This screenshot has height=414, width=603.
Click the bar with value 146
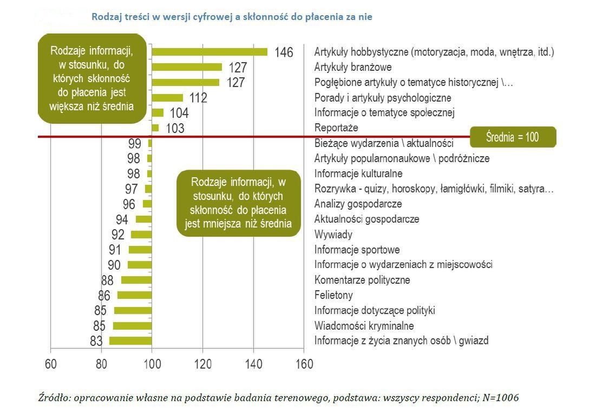tap(209, 52)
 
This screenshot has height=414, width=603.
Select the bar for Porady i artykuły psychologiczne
tap(167, 98)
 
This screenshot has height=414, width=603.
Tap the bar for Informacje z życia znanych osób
tap(130, 341)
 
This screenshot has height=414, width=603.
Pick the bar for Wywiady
tap(141, 235)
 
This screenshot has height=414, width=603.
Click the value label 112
tap(198, 98)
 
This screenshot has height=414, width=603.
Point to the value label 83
tap(96, 342)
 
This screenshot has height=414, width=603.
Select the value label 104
tap(179, 113)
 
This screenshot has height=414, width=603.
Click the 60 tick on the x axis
tap(50, 364)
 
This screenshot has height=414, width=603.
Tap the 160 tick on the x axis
tap(304, 364)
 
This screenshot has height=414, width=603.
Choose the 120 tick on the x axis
tap(202, 364)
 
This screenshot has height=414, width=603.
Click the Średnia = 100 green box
tap(512, 137)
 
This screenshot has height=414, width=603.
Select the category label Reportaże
tap(336, 128)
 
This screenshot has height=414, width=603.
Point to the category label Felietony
tap(333, 296)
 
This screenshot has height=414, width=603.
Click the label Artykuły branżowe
tap(353, 68)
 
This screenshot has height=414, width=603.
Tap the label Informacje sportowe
tap(357, 250)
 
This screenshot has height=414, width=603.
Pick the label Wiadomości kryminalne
tap(364, 326)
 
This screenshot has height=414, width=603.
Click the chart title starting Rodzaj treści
tap(232, 17)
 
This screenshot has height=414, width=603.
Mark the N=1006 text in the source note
tap(498, 398)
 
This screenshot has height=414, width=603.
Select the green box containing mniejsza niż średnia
tap(238, 203)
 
